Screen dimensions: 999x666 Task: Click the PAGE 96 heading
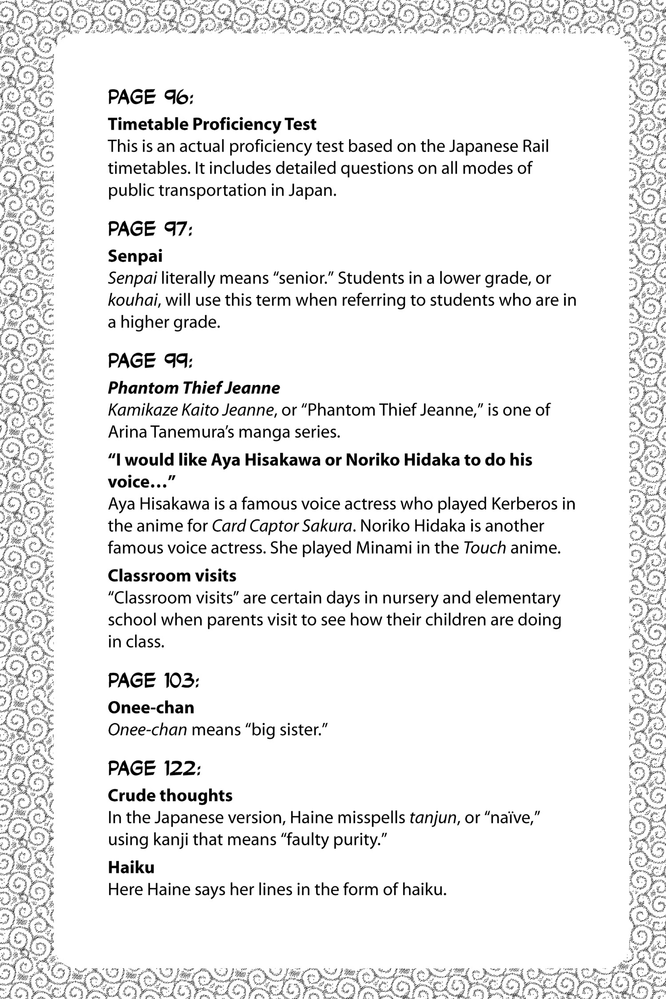[x=151, y=98]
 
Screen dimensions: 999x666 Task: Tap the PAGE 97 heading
[x=151, y=229]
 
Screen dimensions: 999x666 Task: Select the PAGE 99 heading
[x=151, y=361]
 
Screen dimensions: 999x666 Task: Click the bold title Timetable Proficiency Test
[x=212, y=125]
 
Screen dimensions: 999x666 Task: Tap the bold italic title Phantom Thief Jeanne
[x=194, y=388]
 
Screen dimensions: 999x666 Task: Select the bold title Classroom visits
[x=172, y=576]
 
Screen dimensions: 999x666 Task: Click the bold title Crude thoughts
[x=170, y=796]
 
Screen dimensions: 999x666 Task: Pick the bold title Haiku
[x=131, y=868]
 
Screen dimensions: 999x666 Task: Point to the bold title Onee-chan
[x=151, y=708]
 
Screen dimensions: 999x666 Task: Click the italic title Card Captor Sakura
[x=282, y=526]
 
